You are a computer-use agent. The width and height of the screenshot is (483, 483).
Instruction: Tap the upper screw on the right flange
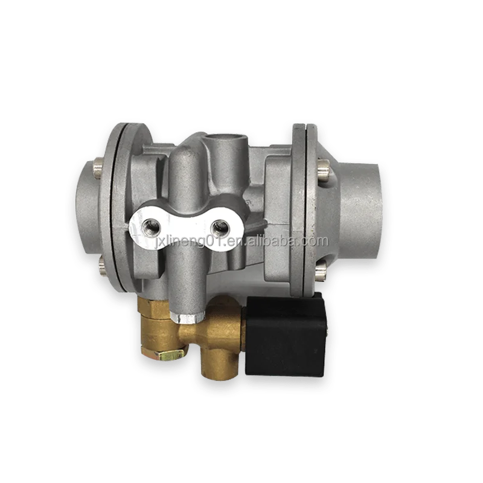click(x=323, y=162)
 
